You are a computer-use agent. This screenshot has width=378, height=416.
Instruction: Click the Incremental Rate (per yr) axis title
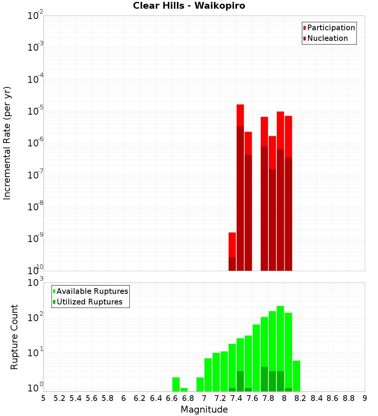tap(7, 143)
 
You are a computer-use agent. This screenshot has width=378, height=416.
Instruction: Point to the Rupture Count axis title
tap(14, 337)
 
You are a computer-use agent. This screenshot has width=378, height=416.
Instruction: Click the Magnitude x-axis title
tap(204, 410)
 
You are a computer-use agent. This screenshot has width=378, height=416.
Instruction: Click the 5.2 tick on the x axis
tap(59, 398)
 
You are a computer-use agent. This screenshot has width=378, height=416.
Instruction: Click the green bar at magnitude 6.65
tap(176, 384)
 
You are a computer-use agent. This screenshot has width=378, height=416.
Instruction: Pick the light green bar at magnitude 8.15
tap(296, 374)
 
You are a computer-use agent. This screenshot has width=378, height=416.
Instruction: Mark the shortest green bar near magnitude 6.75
tap(184, 390)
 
